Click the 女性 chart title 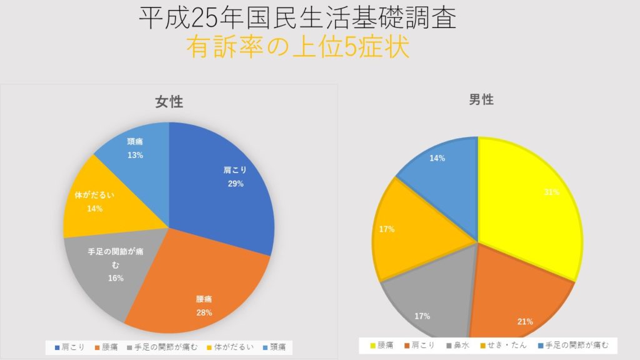[169, 102]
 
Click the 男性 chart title [481, 99]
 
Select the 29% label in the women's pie [235, 184]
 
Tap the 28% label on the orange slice [204, 312]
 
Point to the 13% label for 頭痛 [135, 155]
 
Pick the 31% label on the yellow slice [551, 192]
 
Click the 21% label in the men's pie [525, 322]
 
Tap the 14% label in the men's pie [437, 159]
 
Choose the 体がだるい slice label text [95, 196]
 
